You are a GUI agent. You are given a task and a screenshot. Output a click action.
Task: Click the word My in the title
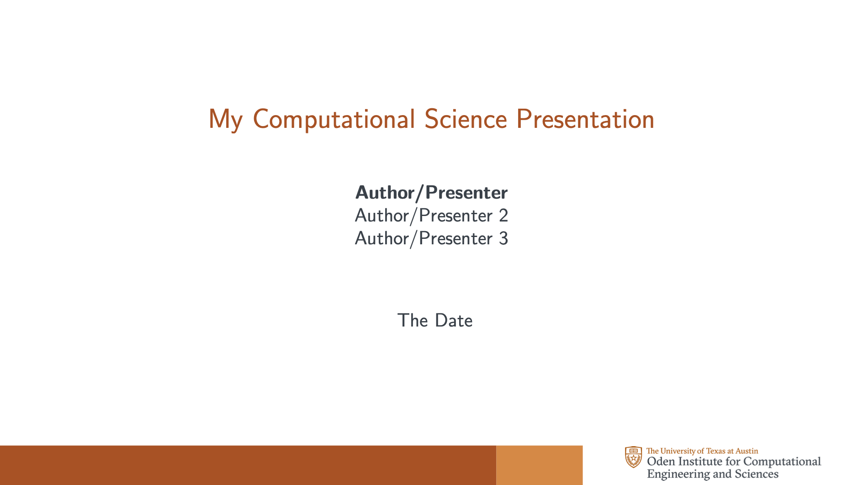(x=225, y=120)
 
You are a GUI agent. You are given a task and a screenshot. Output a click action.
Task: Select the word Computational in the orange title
(x=334, y=120)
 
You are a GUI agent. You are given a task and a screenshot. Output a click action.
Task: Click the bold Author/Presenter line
(x=431, y=193)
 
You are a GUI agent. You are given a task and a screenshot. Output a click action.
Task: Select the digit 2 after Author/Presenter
(x=503, y=216)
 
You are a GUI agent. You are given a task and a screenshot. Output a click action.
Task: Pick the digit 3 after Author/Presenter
(x=503, y=238)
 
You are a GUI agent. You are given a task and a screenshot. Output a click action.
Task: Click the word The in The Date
(x=413, y=320)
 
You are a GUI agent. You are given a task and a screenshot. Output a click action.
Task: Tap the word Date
(x=454, y=320)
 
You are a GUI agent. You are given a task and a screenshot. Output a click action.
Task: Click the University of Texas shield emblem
(x=633, y=457)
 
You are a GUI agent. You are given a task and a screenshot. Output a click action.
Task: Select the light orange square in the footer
(x=539, y=465)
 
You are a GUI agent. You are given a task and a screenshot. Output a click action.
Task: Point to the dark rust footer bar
(x=248, y=465)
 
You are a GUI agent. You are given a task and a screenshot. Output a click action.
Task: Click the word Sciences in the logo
(x=757, y=474)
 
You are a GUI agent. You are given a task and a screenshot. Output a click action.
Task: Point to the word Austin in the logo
(x=747, y=451)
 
